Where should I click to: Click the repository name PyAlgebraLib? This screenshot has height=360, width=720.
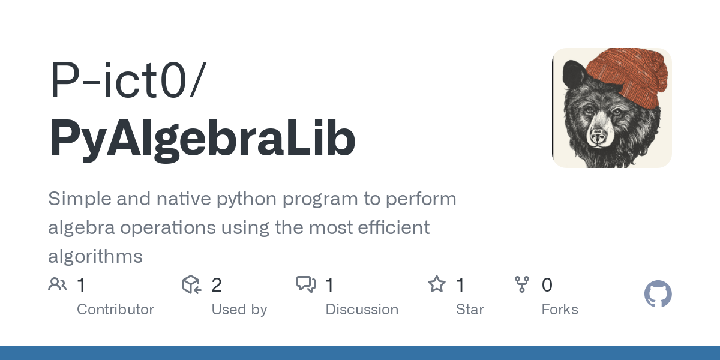(202, 139)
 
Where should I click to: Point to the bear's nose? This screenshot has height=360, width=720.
(598, 137)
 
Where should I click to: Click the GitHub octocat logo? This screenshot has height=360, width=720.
(658, 294)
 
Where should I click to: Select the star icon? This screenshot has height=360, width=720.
(436, 284)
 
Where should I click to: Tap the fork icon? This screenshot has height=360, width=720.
(522, 284)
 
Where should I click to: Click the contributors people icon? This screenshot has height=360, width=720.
(58, 284)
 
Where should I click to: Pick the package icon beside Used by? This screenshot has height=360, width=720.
(191, 284)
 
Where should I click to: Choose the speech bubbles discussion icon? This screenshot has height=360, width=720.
(306, 284)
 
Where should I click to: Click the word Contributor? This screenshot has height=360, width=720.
(115, 310)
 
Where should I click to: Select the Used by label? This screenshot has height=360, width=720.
(239, 310)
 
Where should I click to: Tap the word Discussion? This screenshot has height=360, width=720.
(362, 310)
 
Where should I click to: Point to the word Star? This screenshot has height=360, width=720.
(470, 310)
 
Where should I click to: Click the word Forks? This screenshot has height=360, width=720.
(560, 310)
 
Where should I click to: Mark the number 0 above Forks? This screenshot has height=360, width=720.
(547, 285)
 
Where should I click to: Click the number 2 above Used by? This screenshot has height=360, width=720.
(217, 285)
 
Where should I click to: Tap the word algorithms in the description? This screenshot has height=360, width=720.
(95, 257)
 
